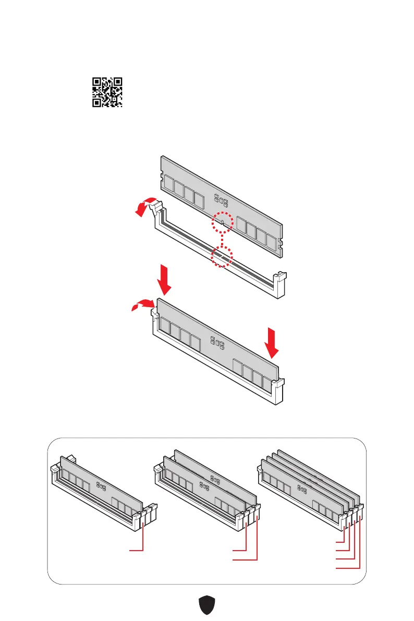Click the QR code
[x=107, y=92]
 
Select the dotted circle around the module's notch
[x=222, y=224]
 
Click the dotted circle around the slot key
[x=221, y=257]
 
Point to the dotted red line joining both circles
[x=222, y=240]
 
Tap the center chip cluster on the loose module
[x=220, y=198]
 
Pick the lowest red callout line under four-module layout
[x=347, y=567]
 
